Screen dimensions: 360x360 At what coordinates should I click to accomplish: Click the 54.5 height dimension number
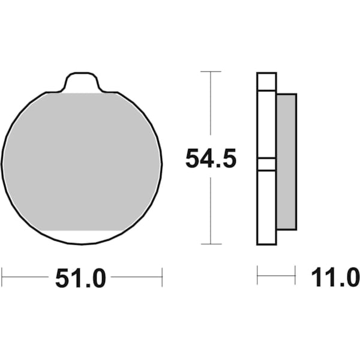point(211,158)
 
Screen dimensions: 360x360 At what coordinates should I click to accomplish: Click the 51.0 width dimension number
point(80,278)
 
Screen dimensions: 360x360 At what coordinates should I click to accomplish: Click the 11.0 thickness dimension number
point(335,277)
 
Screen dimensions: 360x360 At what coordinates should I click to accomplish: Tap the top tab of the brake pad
point(82,82)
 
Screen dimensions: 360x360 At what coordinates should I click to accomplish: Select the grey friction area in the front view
point(82,162)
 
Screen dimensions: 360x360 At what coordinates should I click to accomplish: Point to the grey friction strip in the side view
point(287,161)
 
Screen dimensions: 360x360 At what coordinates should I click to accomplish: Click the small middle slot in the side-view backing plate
point(266,164)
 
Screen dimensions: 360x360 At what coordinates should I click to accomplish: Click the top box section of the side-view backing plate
point(266,82)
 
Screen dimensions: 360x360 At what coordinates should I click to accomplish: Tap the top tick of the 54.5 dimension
point(211,71)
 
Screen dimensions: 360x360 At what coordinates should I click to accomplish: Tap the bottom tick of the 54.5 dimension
point(211,244)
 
